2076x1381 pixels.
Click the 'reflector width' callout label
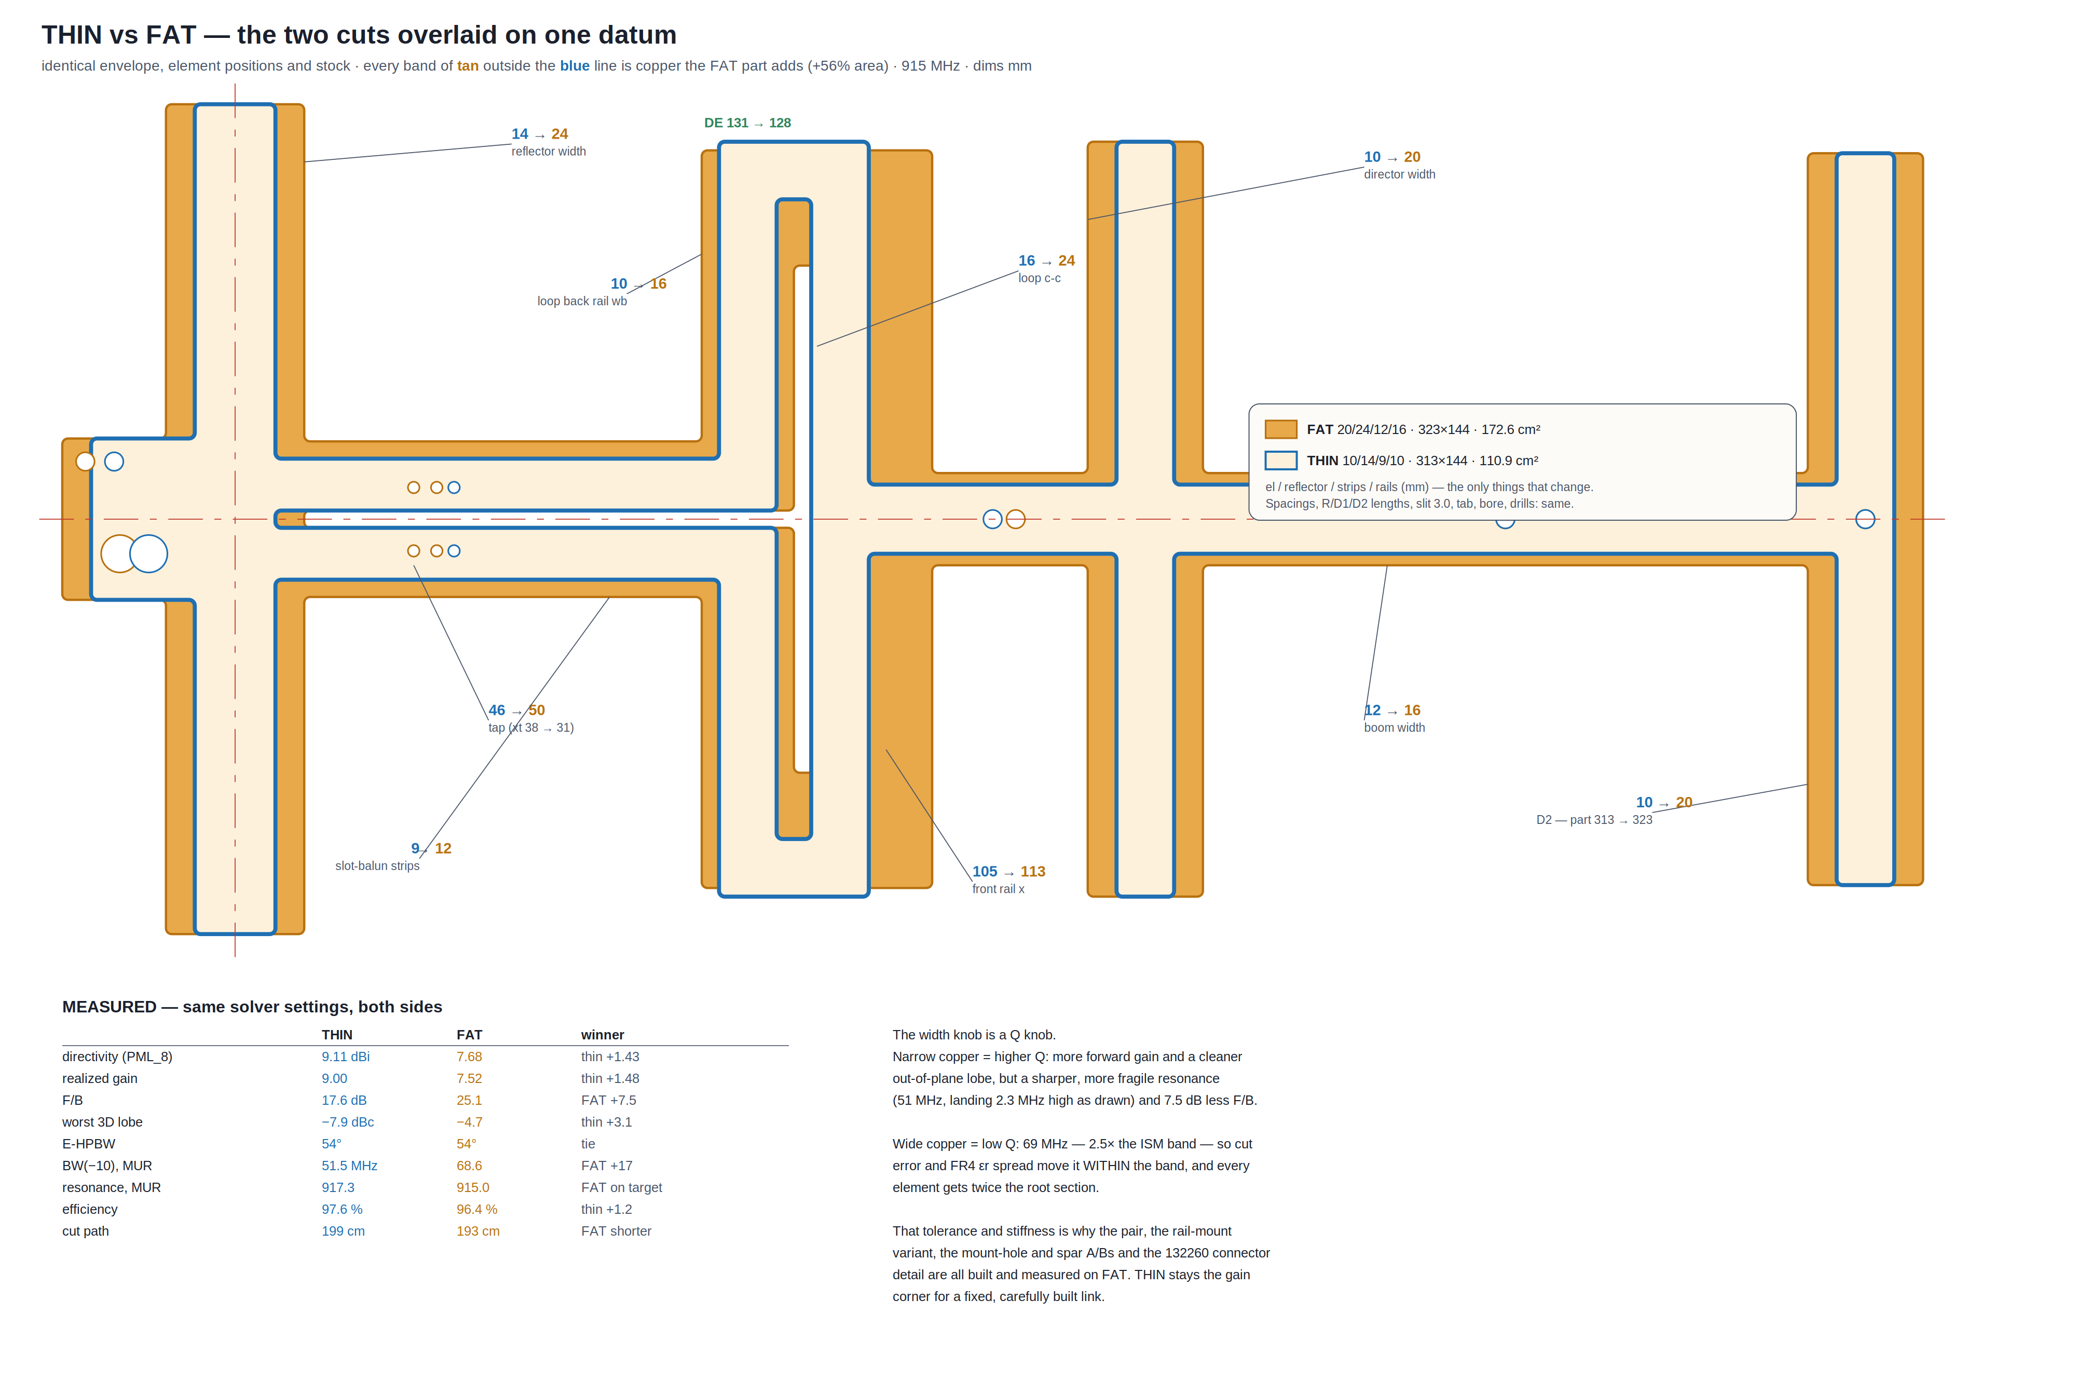click(x=549, y=152)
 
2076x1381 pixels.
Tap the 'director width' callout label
click(x=1399, y=174)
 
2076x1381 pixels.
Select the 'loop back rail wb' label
click(x=582, y=301)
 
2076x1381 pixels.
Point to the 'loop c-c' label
click(x=1039, y=278)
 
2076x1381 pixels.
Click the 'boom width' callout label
click(x=1394, y=727)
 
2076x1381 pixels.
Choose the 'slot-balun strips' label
click(x=377, y=866)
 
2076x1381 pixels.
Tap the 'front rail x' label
click(x=998, y=889)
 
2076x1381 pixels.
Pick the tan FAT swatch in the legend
click(x=1280, y=429)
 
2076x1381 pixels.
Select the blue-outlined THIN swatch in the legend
click(x=1280, y=460)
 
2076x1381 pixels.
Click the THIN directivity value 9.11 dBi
click(x=345, y=1056)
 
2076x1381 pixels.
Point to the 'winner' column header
click(x=602, y=1035)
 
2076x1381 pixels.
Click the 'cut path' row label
click(x=86, y=1230)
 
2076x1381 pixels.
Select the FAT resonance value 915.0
click(x=472, y=1187)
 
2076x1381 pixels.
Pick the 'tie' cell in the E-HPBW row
click(x=588, y=1143)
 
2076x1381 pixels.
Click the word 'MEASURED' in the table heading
click(x=109, y=1007)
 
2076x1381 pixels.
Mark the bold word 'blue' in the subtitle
click(x=574, y=66)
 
